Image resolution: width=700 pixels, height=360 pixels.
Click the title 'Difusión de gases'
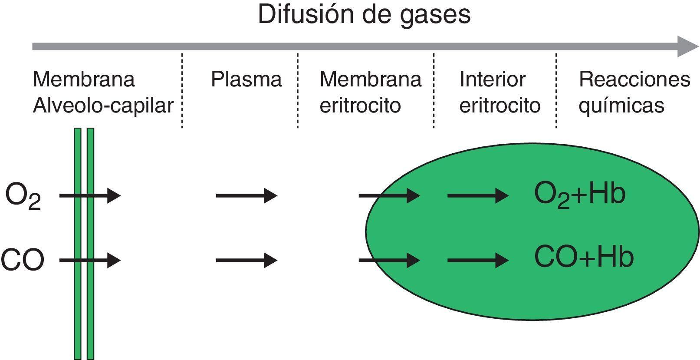(364, 15)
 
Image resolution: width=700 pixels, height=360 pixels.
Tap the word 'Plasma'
(246, 79)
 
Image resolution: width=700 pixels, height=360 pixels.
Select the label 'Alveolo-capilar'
(103, 106)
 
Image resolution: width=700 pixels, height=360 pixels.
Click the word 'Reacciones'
(634, 79)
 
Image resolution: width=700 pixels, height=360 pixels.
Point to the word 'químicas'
(621, 106)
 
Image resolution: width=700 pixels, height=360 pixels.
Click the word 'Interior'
(493, 79)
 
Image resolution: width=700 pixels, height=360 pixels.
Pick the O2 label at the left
(23, 196)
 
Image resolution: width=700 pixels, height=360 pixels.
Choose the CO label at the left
(23, 260)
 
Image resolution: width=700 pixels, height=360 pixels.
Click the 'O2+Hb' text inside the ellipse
(580, 194)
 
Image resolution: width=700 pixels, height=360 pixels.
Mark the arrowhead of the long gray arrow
(688, 46)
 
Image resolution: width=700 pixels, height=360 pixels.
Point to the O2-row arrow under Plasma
(246, 196)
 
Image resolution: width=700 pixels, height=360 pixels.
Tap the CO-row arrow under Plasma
(246, 260)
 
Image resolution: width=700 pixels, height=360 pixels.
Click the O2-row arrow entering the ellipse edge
(389, 196)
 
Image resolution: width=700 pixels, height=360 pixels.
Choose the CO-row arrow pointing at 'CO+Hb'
(478, 260)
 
